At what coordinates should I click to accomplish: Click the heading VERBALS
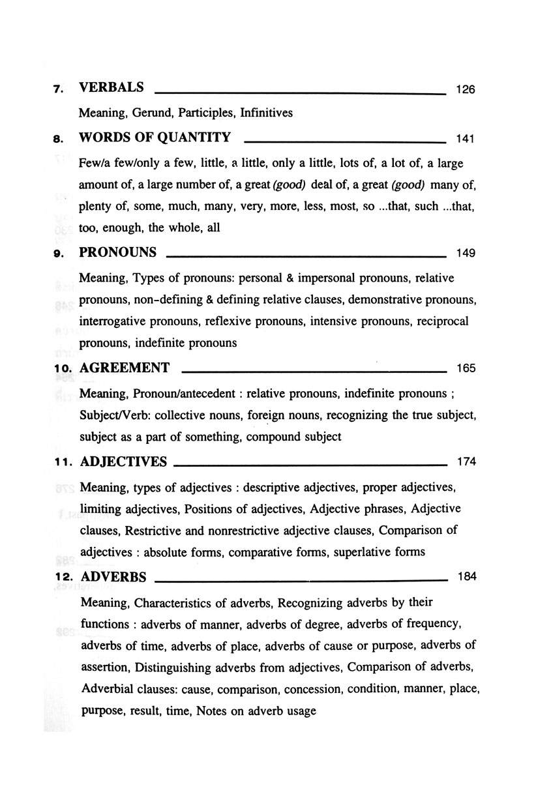111,88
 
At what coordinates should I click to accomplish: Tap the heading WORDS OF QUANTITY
155,138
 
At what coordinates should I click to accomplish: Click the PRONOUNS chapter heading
117,252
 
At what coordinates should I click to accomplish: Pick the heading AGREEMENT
124,368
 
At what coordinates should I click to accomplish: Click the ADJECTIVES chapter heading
123,462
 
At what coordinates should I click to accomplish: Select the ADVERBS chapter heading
112,577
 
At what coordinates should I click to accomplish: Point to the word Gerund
154,113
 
